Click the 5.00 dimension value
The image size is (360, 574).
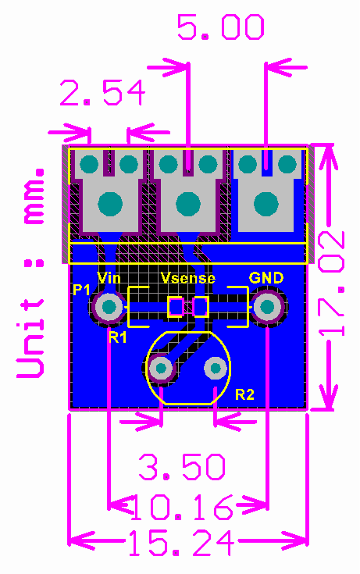pyautogui.click(x=220, y=27)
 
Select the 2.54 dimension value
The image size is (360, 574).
pyautogui.click(x=102, y=93)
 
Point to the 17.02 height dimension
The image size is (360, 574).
pyautogui.click(x=331, y=283)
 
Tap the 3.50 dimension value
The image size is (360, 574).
pyautogui.click(x=182, y=467)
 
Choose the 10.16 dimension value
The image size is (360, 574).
pyautogui.click(x=182, y=507)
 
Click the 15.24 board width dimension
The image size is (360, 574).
pyautogui.click(x=182, y=544)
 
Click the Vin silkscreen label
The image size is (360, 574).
pyautogui.click(x=109, y=278)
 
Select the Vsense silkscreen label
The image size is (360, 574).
pyautogui.click(x=188, y=278)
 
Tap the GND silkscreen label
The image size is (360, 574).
pyautogui.click(x=266, y=278)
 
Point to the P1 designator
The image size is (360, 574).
pyautogui.click(x=81, y=290)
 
